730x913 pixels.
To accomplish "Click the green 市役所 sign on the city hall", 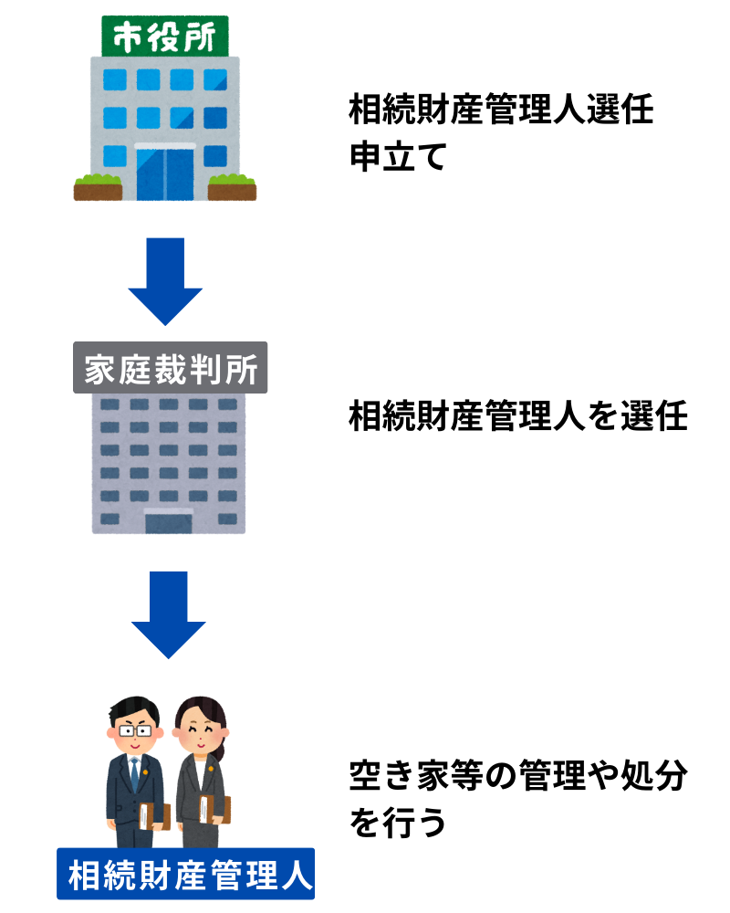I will coord(165,37).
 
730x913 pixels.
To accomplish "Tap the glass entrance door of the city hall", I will coord(165,174).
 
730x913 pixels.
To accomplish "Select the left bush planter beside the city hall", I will coord(98,188).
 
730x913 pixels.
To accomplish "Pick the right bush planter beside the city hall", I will coord(233,188).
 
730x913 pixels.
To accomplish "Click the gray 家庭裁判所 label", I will coord(171,368).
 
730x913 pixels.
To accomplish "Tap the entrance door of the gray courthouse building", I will coord(169,521).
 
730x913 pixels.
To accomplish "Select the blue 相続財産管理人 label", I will coord(186,874).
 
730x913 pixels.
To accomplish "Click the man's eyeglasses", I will coord(134,730).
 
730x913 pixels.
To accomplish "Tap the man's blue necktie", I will coord(135,775).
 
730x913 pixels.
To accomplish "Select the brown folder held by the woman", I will coord(215,809).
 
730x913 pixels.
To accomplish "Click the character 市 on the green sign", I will coord(126,37).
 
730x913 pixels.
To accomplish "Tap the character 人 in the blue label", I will coord(297,874).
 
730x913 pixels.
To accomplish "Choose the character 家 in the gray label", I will coord(99,369).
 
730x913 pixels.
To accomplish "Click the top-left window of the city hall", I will coord(115,79).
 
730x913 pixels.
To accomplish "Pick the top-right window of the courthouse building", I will coord(227,403).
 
